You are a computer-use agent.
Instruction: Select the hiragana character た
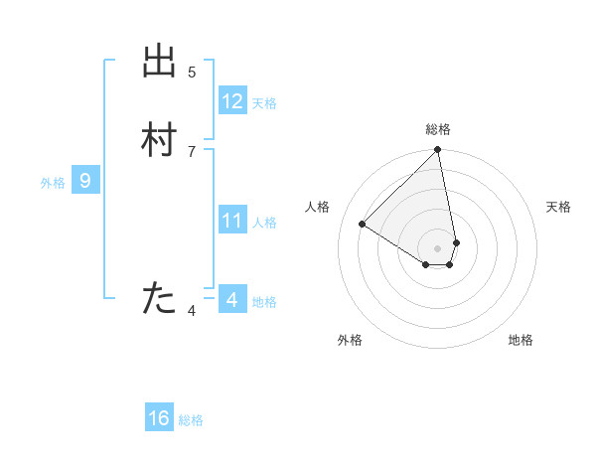pos(160,298)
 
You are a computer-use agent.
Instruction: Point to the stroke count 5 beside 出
pos(192,72)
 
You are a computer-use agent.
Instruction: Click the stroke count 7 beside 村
pos(192,150)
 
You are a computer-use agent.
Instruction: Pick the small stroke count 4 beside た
pos(192,311)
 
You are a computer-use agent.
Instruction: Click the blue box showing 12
pos(232,101)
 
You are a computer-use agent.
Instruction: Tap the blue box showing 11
pos(232,220)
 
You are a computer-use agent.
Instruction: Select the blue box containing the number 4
pos(232,298)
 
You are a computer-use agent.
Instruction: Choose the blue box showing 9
pos(85,181)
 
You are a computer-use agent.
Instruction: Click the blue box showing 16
pos(159,418)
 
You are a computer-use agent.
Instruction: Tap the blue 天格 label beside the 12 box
pos(264,103)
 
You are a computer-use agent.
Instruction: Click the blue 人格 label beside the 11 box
pos(264,222)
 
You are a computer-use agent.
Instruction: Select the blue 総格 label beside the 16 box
pos(191,420)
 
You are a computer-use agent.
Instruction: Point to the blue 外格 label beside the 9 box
pos(53,183)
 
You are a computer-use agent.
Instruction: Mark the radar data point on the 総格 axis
pos(438,151)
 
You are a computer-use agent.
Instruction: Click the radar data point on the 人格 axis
pos(363,225)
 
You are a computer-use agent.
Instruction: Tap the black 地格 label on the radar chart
pos(521,340)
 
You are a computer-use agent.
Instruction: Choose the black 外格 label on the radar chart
pos(350,340)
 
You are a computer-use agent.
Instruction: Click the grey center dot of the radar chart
pos(438,247)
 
